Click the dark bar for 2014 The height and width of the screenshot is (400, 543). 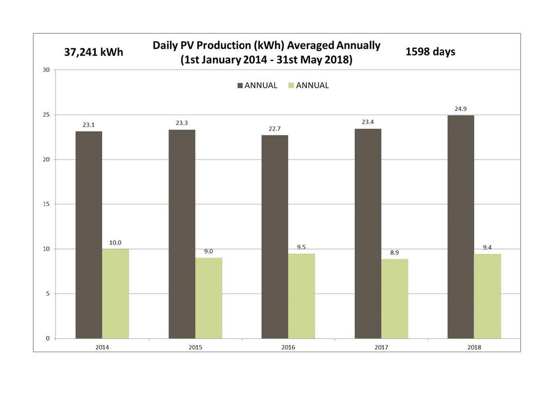point(89,235)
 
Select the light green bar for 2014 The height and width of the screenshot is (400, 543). point(115,293)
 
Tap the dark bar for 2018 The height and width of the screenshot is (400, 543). point(460,227)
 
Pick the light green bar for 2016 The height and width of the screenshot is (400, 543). point(301,296)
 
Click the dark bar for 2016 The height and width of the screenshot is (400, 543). point(274,236)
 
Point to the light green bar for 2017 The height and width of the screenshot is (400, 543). point(395,298)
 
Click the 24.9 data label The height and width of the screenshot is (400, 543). point(460,109)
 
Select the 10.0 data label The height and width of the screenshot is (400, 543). point(115,243)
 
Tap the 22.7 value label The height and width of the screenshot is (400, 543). point(274,129)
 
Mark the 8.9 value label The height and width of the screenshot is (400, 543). point(395,253)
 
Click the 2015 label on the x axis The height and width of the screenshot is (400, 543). point(195,346)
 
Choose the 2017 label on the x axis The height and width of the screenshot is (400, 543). point(381,346)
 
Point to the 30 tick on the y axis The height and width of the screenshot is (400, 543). point(46,70)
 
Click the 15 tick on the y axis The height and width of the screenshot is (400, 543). point(46,204)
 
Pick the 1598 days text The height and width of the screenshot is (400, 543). point(430,52)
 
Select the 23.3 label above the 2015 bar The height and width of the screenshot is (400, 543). point(182,123)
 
